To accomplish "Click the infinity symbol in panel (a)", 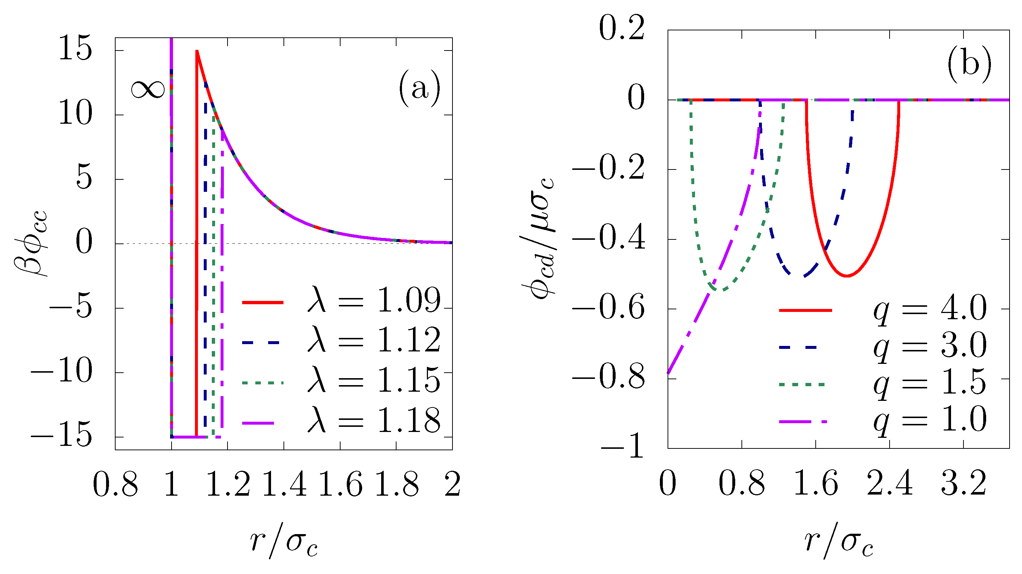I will coord(147,89).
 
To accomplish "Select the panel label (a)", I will coord(419,88).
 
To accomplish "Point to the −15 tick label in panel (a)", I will coord(61,436).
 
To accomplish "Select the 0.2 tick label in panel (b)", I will coord(621,29).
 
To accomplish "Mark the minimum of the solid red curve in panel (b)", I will coord(846,276).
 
